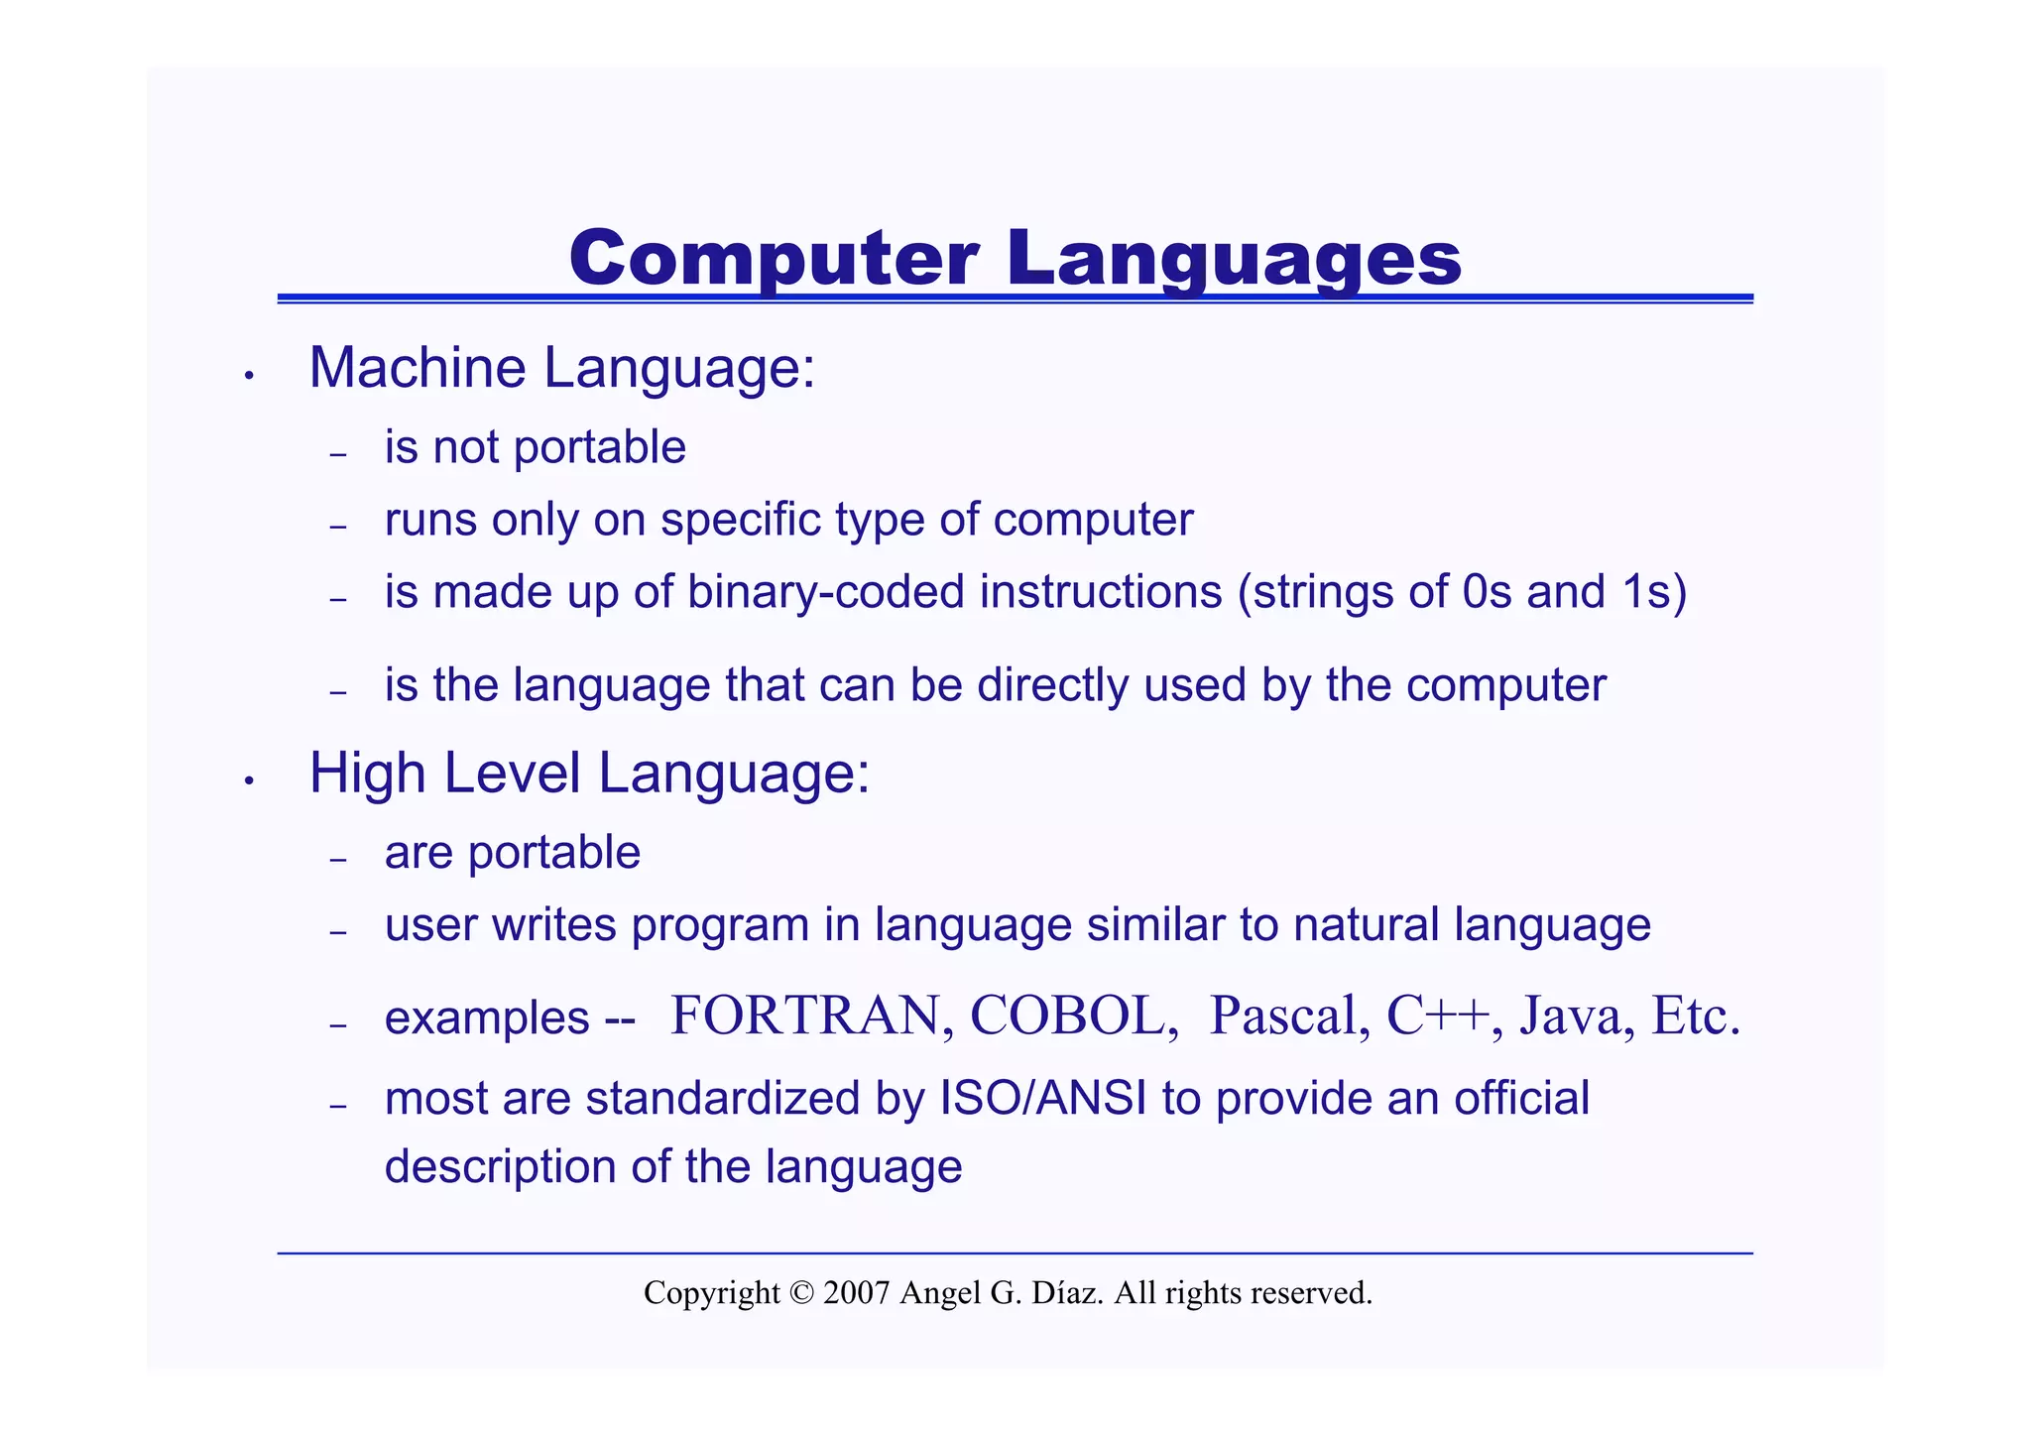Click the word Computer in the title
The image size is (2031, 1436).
775,258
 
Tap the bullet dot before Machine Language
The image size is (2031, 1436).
250,376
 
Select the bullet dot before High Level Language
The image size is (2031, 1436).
250,781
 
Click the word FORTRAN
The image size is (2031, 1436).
805,1016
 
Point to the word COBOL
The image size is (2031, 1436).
1067,1016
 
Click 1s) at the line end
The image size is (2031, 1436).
1654,592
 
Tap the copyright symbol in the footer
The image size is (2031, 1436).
801,1293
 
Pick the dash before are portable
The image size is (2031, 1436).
338,859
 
